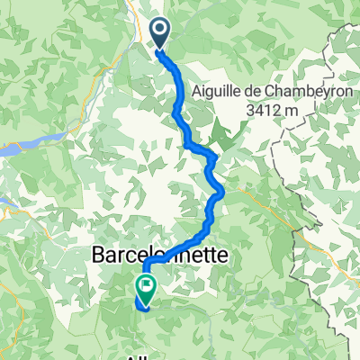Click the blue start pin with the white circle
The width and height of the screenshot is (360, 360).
(160, 34)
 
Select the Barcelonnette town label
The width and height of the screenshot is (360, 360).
(159, 257)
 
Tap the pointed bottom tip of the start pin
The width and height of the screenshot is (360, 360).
(160, 49)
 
